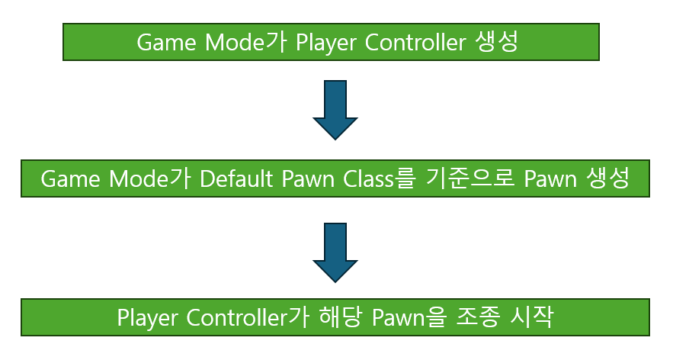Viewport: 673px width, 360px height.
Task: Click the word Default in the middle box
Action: [232, 179]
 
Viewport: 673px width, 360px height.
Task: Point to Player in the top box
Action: [326, 41]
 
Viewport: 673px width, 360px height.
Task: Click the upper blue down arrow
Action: [335, 110]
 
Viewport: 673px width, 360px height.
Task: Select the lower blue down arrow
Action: [335, 252]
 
